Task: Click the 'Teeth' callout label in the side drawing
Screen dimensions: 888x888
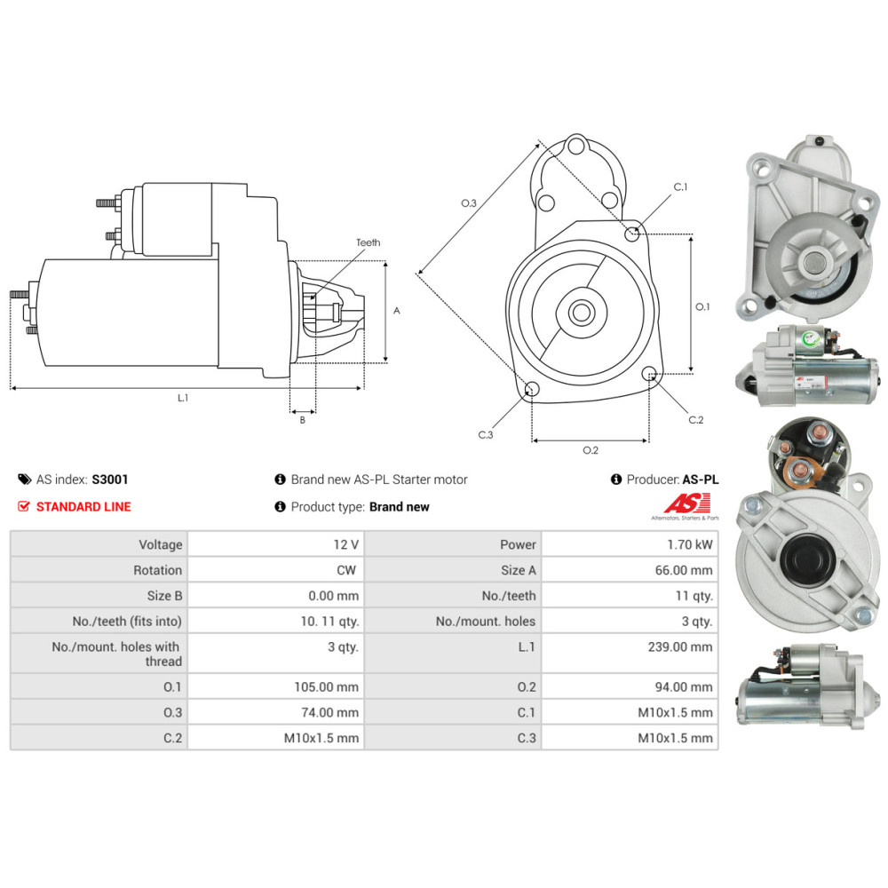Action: point(368,242)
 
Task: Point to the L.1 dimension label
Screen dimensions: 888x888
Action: point(183,398)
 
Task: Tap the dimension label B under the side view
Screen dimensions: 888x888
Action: point(302,420)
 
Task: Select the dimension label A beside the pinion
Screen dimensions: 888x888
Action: point(397,311)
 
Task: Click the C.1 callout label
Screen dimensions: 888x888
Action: point(681,187)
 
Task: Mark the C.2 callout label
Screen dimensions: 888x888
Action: point(695,420)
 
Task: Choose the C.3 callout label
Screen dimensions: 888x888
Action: point(485,435)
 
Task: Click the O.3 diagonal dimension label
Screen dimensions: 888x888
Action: point(469,203)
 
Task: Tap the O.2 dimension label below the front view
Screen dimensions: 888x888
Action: point(591,450)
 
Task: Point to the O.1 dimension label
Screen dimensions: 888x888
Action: point(702,306)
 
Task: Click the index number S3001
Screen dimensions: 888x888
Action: point(110,480)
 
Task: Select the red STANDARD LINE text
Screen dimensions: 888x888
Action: point(83,507)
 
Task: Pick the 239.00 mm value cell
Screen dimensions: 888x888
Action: point(680,646)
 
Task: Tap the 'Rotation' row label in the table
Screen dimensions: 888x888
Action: point(158,570)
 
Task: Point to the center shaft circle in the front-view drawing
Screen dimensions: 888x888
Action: point(583,312)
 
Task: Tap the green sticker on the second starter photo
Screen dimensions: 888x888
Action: point(811,337)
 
